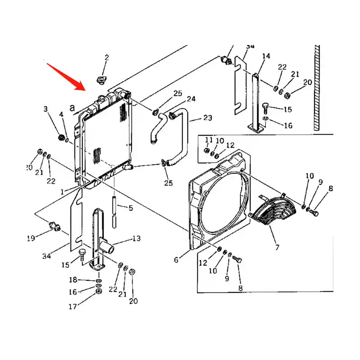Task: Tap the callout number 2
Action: coord(107,57)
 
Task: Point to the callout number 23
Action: coord(207,118)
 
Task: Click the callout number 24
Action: coord(191,99)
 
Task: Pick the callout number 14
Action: coord(266,56)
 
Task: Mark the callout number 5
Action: coord(130,208)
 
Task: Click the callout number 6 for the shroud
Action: coord(176,260)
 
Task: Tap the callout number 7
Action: coord(277,247)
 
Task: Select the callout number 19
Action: coord(31,238)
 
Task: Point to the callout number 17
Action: coord(72,308)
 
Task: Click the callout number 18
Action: coord(73,280)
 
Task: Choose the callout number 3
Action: coord(45,109)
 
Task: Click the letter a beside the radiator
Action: coord(72,108)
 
